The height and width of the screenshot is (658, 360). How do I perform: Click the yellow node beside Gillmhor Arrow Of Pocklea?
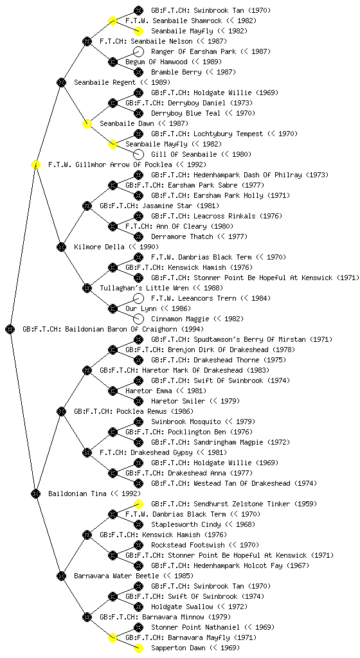35,164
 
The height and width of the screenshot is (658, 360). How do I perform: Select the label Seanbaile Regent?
105,83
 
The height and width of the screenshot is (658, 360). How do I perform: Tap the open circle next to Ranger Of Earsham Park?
138,51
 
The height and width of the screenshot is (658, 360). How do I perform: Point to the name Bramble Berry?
176,72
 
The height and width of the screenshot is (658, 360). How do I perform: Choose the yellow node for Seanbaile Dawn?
87,123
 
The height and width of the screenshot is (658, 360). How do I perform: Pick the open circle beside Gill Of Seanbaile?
138,154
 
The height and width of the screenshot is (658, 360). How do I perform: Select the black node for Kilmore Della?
61,247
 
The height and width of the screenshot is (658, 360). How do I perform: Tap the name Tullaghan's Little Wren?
145,289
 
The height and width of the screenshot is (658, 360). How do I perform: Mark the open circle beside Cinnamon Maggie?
138,319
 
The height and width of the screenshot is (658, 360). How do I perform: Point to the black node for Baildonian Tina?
35,493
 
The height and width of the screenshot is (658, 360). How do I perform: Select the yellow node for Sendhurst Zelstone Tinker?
138,504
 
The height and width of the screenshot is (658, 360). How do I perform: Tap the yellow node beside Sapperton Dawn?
138,648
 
